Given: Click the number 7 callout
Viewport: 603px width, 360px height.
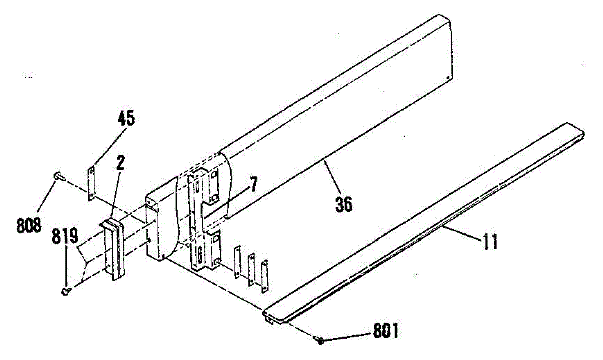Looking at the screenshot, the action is (254, 185).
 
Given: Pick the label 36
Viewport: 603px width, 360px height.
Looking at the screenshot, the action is (344, 204).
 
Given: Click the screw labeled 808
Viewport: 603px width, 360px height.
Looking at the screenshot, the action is (57, 175).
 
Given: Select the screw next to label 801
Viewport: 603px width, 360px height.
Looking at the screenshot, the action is (320, 340).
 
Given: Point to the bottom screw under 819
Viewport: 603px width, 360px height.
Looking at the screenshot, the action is (65, 290).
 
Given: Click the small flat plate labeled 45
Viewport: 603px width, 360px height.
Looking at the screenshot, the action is (92, 184).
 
